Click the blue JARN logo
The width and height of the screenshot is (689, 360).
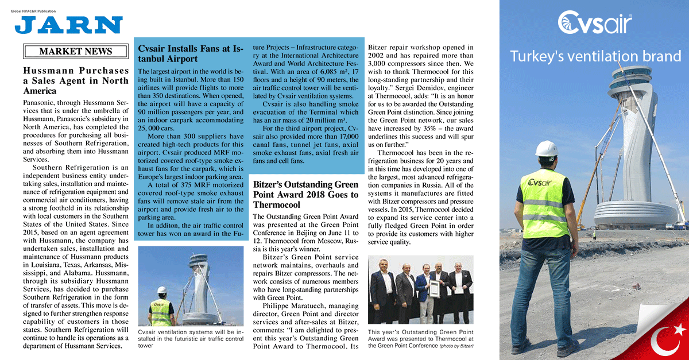coord(69,25)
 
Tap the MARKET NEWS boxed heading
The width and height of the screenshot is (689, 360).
coord(76,52)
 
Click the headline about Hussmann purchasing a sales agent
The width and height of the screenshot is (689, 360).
coord(76,81)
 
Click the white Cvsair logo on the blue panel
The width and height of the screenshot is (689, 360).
coord(595,24)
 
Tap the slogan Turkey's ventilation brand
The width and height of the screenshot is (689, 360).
coord(595,56)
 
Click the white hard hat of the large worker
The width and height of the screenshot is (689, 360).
coord(546,148)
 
